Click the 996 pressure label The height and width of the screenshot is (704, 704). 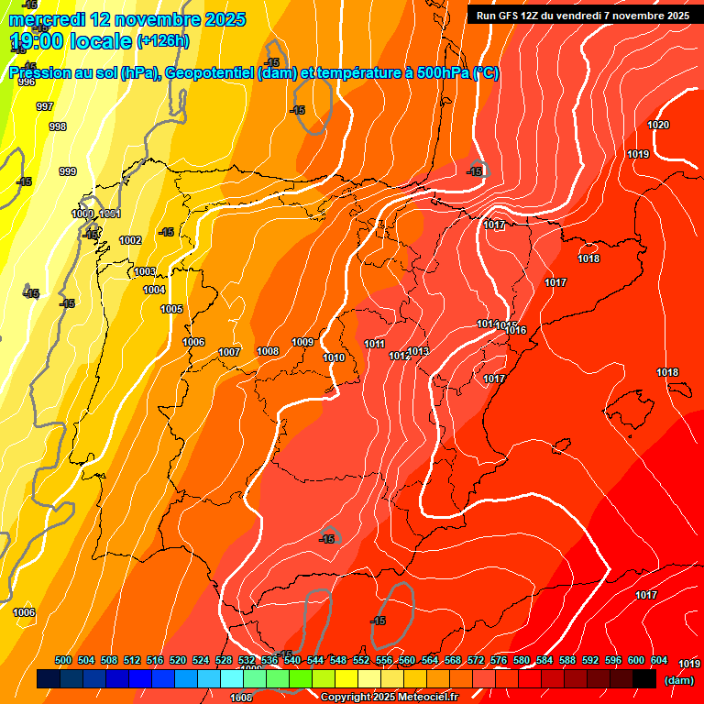pyautogui.click(x=27, y=82)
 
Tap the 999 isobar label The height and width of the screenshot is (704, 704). pyautogui.click(x=68, y=171)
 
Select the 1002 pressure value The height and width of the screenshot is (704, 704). pyautogui.click(x=130, y=240)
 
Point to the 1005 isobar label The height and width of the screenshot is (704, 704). pyautogui.click(x=171, y=309)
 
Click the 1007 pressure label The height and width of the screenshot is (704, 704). pyautogui.click(x=229, y=352)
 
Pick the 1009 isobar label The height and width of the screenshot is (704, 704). pyautogui.click(x=303, y=342)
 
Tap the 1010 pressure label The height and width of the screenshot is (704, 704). pyautogui.click(x=334, y=357)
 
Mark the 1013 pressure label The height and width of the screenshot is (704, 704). pyautogui.click(x=419, y=351)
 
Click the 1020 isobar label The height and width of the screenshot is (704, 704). pyautogui.click(x=658, y=125)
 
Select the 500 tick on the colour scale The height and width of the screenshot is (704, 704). pyautogui.click(x=63, y=660)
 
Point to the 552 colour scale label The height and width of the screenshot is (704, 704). pyautogui.click(x=361, y=660)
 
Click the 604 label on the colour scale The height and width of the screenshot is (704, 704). pyautogui.click(x=659, y=660)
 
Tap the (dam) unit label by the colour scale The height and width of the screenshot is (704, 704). pyautogui.click(x=678, y=679)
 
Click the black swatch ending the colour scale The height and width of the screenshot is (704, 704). pyautogui.click(x=644, y=678)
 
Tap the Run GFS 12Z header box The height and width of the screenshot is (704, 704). pyautogui.click(x=583, y=16)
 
